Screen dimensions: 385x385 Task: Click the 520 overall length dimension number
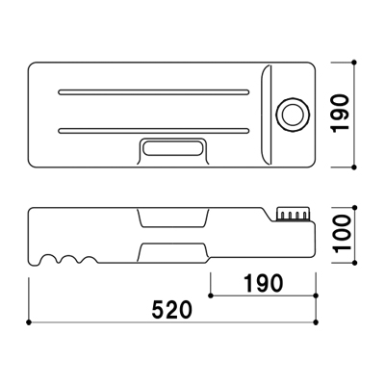pos(172,310)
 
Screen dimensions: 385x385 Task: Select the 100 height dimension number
pos(341,234)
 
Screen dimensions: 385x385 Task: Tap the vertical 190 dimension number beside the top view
pos(340,113)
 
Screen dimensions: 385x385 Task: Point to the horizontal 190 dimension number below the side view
pos(264,283)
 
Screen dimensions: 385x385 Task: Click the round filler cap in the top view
pos(293,115)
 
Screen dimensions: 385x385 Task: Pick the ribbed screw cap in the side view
pos(295,214)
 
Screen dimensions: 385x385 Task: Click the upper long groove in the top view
pos(154,92)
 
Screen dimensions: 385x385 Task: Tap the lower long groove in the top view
pos(154,131)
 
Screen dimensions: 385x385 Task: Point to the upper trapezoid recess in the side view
pos(173,218)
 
